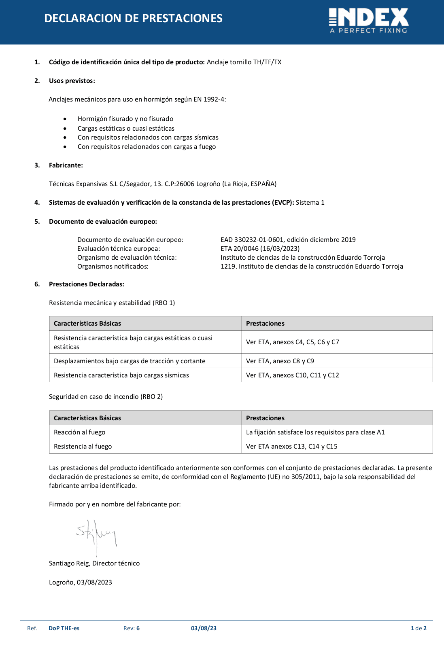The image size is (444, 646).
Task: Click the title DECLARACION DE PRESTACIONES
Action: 133,18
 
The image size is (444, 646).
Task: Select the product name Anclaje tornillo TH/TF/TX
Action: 244,62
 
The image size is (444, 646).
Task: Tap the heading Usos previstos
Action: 72,80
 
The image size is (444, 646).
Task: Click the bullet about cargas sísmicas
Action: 148,137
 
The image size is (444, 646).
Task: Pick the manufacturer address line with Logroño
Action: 162,184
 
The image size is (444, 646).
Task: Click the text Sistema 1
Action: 310,202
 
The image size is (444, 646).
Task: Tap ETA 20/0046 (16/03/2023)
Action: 260,248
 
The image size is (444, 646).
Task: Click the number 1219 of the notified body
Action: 228,266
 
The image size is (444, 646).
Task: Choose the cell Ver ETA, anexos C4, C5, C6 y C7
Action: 292,342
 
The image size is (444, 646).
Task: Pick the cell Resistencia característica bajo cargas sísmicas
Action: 121,375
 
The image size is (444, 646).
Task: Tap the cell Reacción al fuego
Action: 79,432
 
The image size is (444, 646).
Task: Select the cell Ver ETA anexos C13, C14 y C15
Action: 291,446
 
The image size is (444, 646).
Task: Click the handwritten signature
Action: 96,535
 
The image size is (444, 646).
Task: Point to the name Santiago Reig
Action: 69,563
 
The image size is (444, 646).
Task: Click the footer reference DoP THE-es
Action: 64,628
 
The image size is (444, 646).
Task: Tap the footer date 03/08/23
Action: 204,628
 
